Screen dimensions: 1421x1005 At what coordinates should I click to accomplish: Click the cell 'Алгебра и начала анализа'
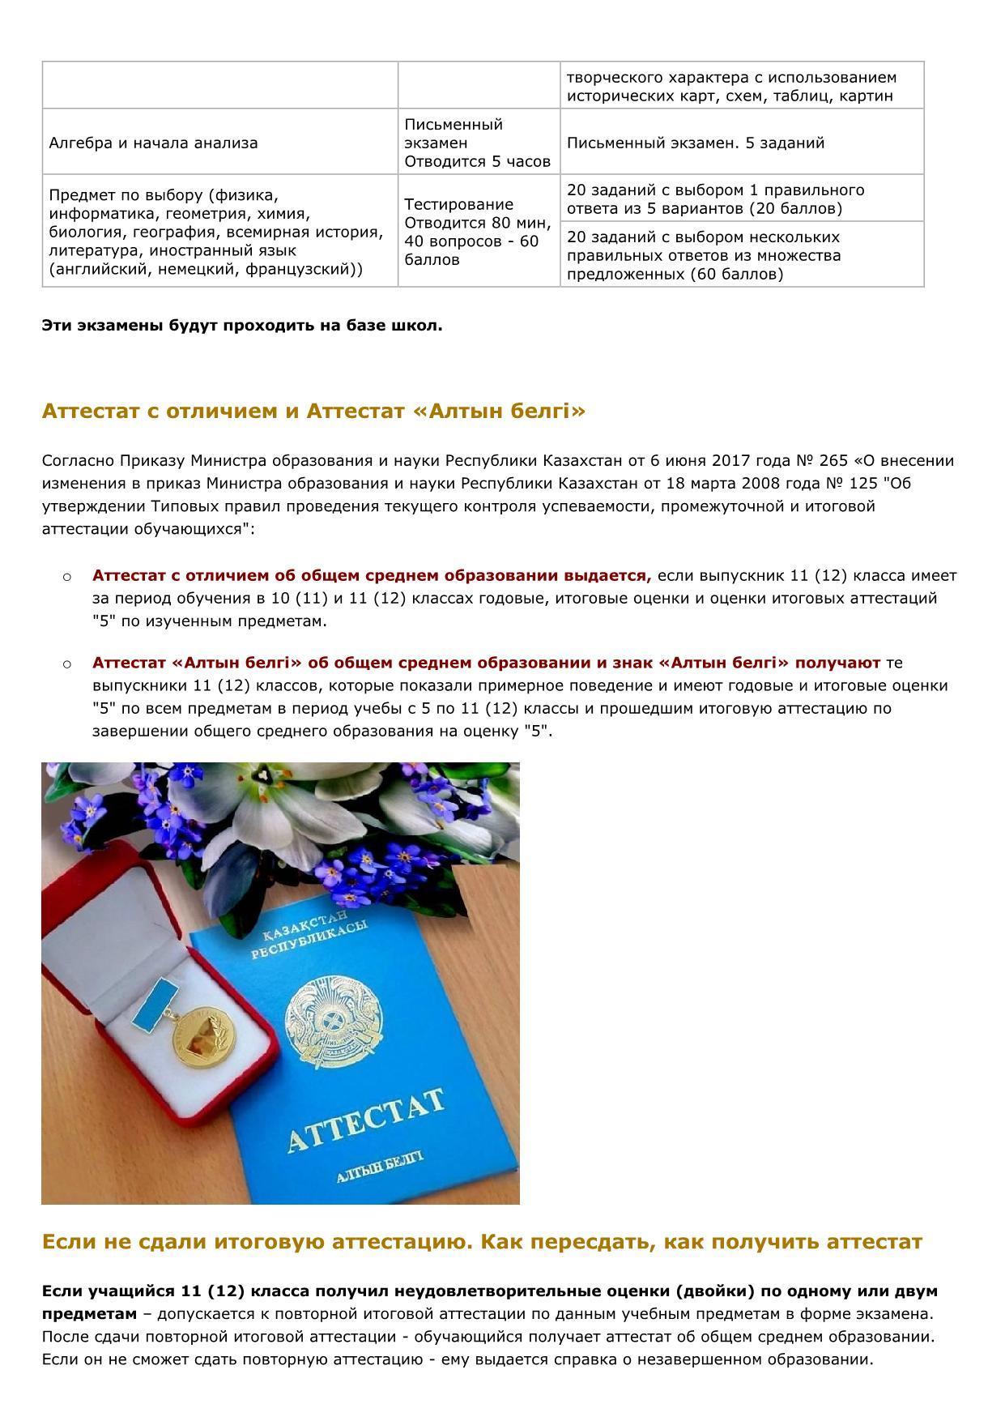click(153, 143)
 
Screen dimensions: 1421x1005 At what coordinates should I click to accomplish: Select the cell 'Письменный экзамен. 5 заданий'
click(695, 143)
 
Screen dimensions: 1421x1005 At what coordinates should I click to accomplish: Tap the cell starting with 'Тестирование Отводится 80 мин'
click(478, 232)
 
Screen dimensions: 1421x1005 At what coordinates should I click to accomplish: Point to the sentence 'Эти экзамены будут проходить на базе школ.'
click(242, 326)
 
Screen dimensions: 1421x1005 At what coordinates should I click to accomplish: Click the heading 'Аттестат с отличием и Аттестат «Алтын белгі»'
click(313, 412)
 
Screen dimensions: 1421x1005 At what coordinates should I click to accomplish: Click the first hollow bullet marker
click(67, 577)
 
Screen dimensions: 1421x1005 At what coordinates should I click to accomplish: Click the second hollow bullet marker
click(67, 664)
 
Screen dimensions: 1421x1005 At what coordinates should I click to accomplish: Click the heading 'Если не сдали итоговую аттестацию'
click(481, 1242)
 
